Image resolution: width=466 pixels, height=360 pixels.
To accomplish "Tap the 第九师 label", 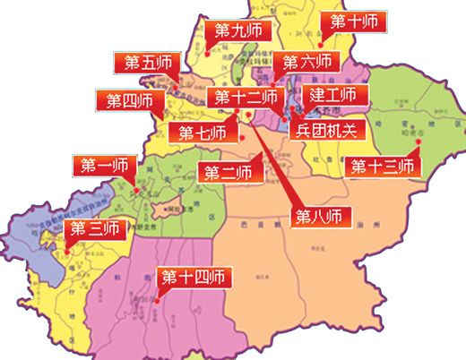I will (x=237, y=30).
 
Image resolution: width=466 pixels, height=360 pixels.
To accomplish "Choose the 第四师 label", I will (x=131, y=99).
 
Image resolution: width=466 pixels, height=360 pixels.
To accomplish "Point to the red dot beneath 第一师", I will (x=134, y=189).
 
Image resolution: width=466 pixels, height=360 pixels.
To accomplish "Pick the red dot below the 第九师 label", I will (x=207, y=52).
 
